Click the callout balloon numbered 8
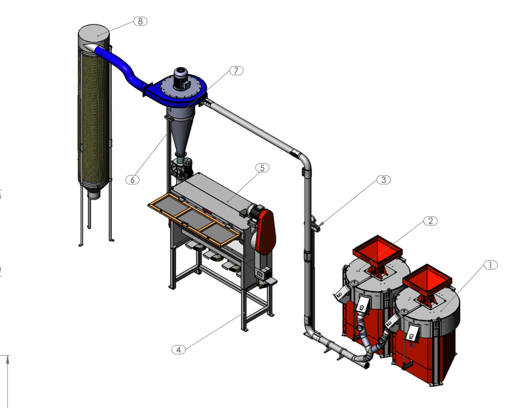(140, 21)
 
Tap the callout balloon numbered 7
(236, 70)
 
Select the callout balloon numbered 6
(133, 180)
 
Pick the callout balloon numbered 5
(262, 168)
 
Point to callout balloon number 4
(179, 350)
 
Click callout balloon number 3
(384, 180)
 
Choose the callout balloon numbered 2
(430, 221)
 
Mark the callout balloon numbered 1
(490, 265)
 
